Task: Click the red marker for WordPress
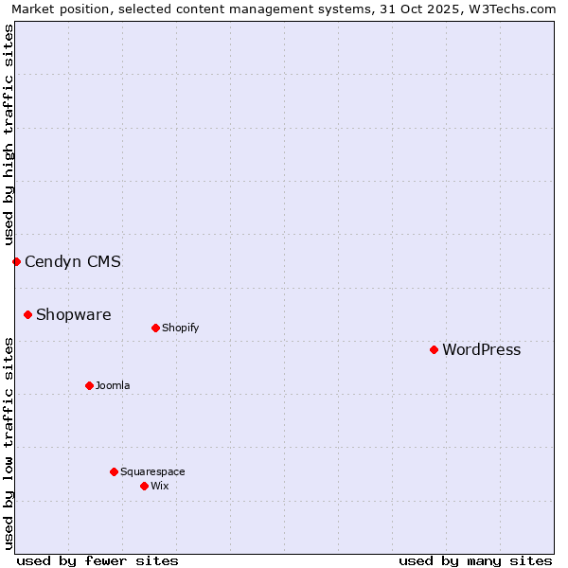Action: [x=434, y=349]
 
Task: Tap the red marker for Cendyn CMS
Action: [x=16, y=261]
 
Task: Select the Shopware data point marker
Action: [x=27, y=314]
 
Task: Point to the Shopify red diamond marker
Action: [x=155, y=328]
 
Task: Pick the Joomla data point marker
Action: [x=89, y=385]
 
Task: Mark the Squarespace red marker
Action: [x=114, y=471]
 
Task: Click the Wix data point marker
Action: [x=144, y=486]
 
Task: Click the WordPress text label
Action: [x=481, y=349]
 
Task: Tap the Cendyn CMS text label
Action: [x=73, y=261]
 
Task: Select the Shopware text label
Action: [x=73, y=314]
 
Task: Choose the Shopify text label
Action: [x=180, y=328]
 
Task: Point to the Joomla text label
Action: [x=113, y=385]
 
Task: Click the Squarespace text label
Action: [x=152, y=471]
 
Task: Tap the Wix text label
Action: [x=159, y=486]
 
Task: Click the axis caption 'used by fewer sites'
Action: [x=98, y=560]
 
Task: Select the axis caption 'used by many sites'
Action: [x=475, y=560]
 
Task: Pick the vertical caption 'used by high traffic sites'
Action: [x=9, y=134]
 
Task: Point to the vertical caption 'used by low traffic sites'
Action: [x=9, y=443]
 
